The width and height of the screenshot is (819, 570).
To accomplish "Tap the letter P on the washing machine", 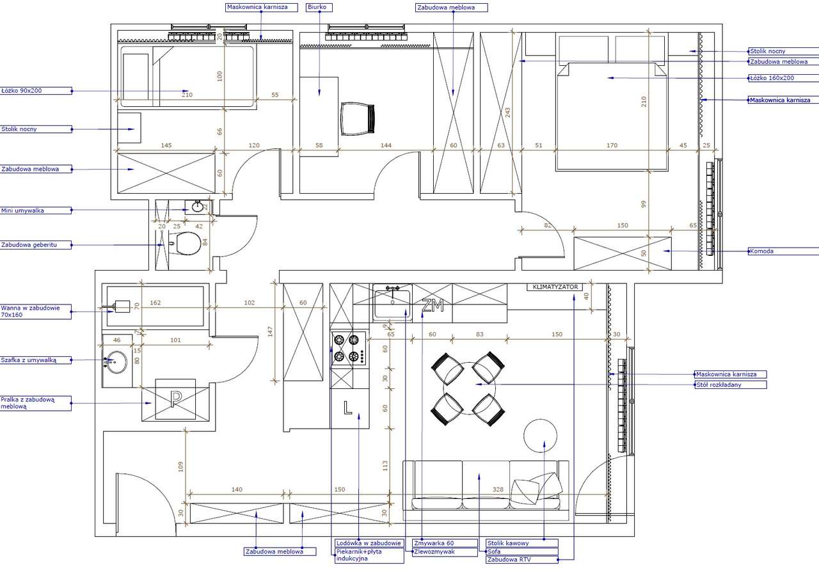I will pos(175,399).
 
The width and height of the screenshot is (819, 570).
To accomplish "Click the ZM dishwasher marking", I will pos(433,307).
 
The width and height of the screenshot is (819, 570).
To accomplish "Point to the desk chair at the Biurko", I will pos(357,118).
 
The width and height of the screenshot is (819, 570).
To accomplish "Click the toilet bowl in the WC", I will pos(188,244).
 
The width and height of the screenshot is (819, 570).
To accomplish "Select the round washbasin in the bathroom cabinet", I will pos(117,361).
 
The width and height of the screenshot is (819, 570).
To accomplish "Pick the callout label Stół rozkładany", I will pos(729,385).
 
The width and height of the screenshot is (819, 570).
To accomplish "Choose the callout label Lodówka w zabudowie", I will pos(369,543).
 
